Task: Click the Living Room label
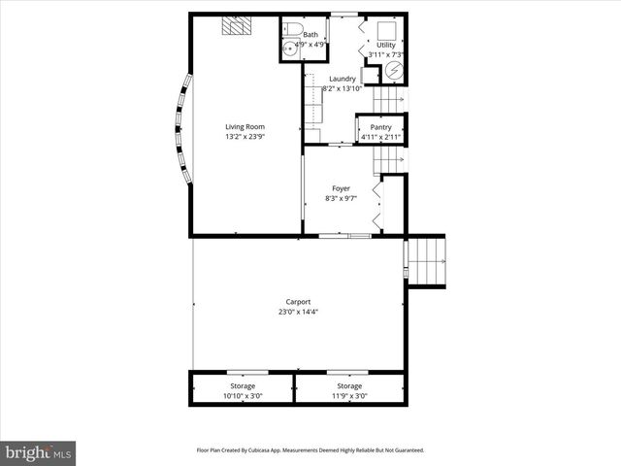(x=245, y=127)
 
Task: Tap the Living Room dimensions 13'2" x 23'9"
(x=245, y=137)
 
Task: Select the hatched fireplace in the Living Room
(x=234, y=26)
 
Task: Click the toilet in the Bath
(x=292, y=28)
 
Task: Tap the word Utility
(x=385, y=45)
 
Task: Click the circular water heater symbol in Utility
(x=395, y=72)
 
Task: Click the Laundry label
(x=342, y=79)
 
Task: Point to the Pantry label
(x=380, y=127)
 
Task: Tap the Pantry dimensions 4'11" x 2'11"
(x=380, y=137)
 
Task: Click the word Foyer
(x=341, y=188)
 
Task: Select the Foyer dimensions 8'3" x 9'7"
(x=341, y=198)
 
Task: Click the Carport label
(x=298, y=302)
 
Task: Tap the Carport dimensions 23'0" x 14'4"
(x=298, y=312)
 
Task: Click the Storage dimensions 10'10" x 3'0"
(x=242, y=396)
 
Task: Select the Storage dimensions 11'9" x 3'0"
(x=349, y=396)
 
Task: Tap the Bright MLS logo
(x=38, y=452)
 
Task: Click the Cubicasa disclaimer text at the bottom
(x=310, y=450)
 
